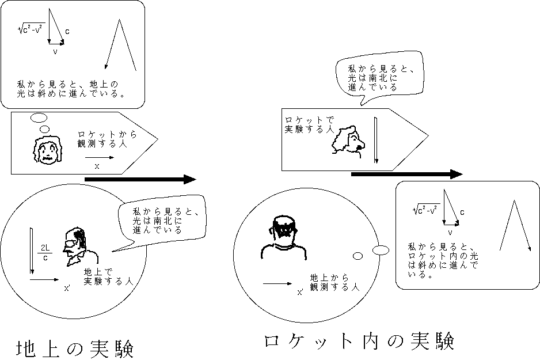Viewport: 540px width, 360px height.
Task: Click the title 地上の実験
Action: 75,348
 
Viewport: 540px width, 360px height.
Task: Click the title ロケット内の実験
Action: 359,340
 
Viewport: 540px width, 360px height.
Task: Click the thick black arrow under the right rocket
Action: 406,174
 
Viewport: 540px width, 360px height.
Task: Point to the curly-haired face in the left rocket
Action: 47,151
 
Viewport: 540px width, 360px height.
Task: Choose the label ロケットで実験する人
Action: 309,125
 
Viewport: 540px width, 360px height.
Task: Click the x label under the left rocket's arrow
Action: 97,166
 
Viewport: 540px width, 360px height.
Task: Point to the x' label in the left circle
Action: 67,289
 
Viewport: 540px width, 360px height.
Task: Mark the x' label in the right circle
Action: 300,292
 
